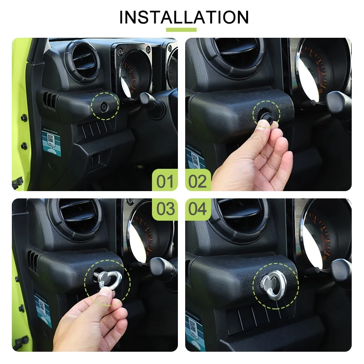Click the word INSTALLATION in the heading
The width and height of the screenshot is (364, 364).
[184, 17]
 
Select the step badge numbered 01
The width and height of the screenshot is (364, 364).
[165, 181]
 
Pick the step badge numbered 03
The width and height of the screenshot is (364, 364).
[165, 209]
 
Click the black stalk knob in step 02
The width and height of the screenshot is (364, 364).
[339, 102]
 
